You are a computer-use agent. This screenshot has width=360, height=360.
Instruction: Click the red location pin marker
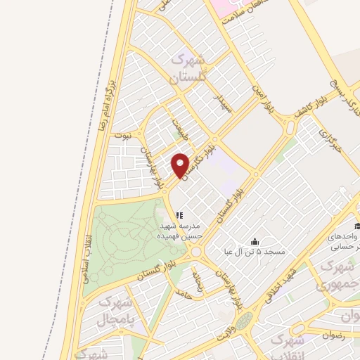pos(181,165)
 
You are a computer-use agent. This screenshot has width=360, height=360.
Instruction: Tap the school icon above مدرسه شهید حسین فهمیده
pos(179,215)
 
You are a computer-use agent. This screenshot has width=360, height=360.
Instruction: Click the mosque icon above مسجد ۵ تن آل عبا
pos(254,240)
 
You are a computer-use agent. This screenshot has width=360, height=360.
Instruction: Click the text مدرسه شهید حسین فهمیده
pos(181,232)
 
